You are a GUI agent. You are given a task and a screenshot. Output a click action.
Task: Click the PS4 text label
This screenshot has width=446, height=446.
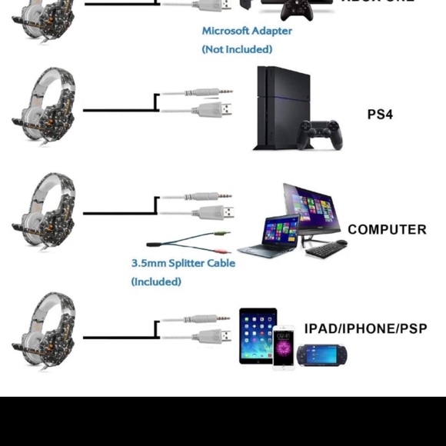pyautogui.click(x=380, y=115)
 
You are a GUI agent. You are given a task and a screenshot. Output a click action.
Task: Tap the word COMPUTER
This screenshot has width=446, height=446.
pyautogui.click(x=387, y=229)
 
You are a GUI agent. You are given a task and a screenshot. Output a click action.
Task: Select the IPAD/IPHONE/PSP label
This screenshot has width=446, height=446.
pyautogui.click(x=365, y=328)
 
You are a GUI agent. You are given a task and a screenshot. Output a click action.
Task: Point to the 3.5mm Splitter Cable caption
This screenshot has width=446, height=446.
pyautogui.click(x=183, y=263)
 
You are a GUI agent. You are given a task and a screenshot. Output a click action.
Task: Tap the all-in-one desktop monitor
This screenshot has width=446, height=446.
pyautogui.click(x=311, y=211)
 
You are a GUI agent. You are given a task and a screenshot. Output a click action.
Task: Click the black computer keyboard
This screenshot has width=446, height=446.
pyautogui.click(x=327, y=251)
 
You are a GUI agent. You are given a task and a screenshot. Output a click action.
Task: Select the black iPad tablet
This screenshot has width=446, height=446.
pyautogui.click(x=257, y=335)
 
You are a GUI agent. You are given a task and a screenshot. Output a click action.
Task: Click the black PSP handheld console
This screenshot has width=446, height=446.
pyautogui.click(x=322, y=355)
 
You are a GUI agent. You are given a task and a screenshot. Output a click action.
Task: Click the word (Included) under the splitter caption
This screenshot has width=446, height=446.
pyautogui.click(x=156, y=281)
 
